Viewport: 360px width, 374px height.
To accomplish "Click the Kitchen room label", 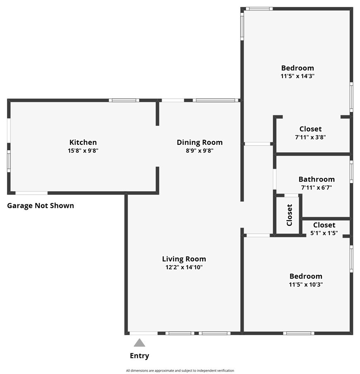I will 83,142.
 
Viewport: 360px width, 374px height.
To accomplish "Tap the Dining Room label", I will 200,142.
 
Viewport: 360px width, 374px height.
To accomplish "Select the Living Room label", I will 184,259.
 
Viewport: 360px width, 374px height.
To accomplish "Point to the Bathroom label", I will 317,179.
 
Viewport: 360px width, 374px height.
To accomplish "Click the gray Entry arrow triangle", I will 140,343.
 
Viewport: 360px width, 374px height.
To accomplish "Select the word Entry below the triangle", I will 140,356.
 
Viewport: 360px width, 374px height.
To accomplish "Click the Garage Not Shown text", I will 41,206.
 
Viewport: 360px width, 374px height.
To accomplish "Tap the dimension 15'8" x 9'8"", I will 83,151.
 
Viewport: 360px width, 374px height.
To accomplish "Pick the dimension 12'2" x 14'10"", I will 184,267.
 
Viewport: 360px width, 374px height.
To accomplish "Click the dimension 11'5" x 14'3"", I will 297,76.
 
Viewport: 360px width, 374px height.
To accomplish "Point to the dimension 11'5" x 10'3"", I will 306,285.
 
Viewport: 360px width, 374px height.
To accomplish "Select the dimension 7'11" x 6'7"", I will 317,187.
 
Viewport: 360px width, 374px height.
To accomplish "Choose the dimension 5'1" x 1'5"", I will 324,233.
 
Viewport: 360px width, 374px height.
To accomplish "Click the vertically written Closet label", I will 290,215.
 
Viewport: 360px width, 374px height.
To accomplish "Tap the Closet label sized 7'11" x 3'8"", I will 310,129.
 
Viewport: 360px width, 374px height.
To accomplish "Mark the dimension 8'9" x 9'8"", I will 200,151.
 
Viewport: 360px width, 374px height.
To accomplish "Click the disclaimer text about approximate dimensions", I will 180,371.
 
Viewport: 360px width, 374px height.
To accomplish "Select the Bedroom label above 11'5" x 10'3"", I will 306,276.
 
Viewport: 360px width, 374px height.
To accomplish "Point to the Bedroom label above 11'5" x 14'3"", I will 297,68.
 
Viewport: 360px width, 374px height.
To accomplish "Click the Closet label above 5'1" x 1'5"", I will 324,225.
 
